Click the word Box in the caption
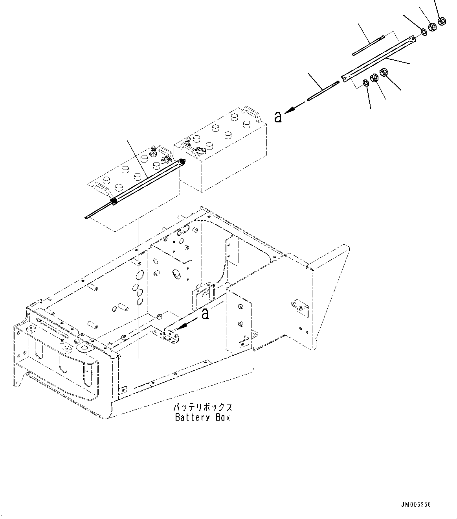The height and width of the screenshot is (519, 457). click(x=222, y=417)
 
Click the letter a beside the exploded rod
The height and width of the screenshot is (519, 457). click(x=278, y=116)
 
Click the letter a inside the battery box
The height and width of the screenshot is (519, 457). click(x=205, y=314)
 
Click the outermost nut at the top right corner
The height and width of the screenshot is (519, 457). click(x=441, y=20)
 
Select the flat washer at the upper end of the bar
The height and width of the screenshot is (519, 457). click(x=424, y=31)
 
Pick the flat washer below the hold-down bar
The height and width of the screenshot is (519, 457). click(x=365, y=83)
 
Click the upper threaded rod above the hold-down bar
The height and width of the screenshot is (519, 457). click(x=368, y=46)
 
